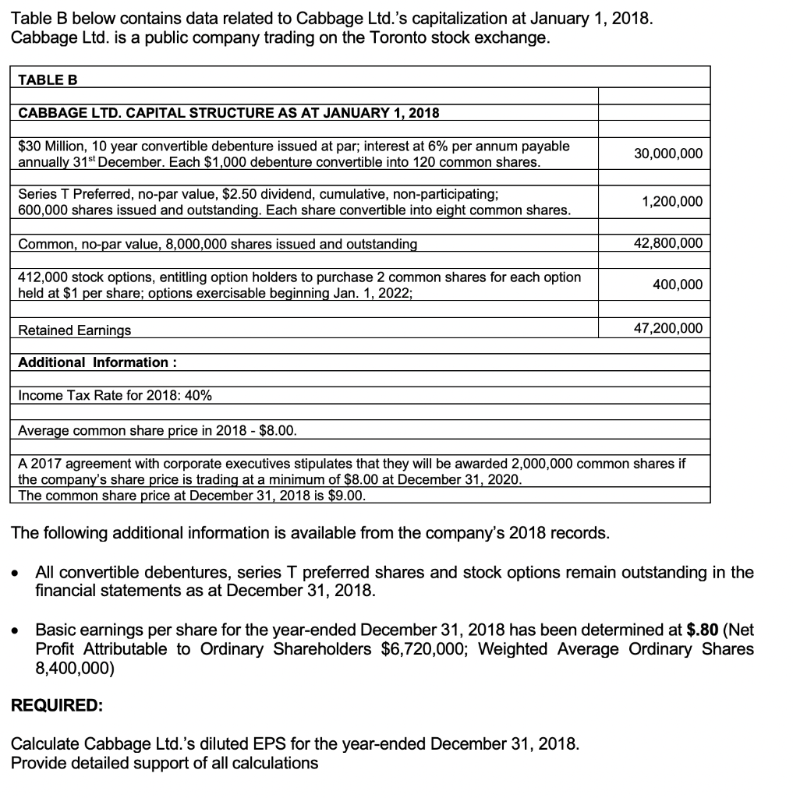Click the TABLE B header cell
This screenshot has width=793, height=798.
click(x=48, y=79)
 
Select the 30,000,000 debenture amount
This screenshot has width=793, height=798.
click(x=667, y=154)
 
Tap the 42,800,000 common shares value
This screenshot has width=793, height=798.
click(x=667, y=243)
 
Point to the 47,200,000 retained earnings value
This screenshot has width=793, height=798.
click(x=667, y=329)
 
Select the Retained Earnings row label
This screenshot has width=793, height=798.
click(x=75, y=330)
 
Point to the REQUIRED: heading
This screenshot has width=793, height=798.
click(x=56, y=705)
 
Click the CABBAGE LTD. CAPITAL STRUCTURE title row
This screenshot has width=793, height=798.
click(x=228, y=113)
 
